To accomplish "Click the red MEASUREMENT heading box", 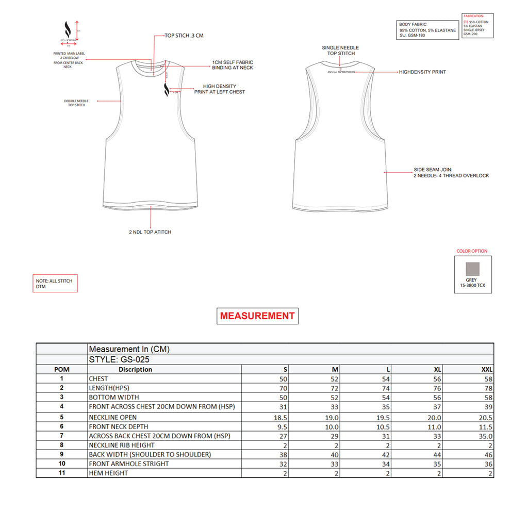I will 257,316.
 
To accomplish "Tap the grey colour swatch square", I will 472,269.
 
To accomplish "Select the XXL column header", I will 487,370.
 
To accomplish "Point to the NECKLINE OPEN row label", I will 113,417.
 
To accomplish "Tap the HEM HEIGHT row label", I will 108,473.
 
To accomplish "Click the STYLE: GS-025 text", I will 120,360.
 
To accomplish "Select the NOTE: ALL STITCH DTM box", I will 55,284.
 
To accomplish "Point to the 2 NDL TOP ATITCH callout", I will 150,232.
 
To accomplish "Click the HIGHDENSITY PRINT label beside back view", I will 422,72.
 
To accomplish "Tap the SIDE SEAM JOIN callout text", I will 451,172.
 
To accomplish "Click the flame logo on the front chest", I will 167,90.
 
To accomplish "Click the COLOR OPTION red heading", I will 472,251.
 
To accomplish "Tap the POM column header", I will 61,370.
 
